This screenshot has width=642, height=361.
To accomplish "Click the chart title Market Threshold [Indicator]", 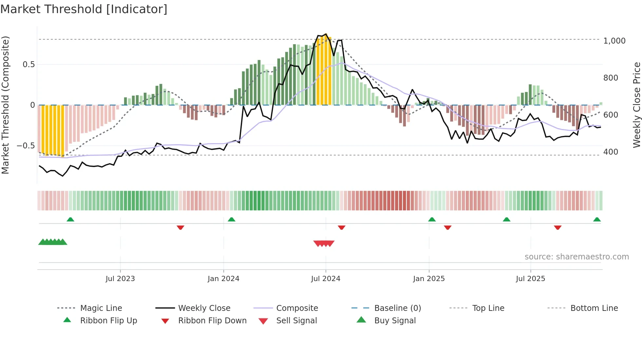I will tap(84, 9).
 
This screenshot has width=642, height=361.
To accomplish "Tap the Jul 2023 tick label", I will tap(120, 278).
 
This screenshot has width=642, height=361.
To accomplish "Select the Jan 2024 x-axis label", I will tap(223, 278).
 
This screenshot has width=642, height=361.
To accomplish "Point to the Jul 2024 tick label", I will tap(326, 278).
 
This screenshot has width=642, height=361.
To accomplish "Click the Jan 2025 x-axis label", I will tap(429, 278).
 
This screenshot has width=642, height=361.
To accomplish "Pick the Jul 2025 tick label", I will tap(530, 278).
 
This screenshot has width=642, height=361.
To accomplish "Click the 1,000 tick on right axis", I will tap(614, 41).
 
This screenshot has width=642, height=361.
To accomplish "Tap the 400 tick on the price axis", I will tap(611, 152).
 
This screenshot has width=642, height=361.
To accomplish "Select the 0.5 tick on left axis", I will tap(29, 65).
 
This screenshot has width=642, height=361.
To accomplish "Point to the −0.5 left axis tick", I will tap(26, 145).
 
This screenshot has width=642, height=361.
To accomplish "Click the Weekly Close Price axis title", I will tap(636, 105).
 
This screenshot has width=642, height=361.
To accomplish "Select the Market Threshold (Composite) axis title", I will tap(5, 105).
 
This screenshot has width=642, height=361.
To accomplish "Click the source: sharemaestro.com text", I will tap(576, 256).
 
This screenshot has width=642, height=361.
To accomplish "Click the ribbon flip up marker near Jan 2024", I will tap(232, 219).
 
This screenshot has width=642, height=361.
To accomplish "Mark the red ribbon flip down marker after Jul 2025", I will tap(557, 227).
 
